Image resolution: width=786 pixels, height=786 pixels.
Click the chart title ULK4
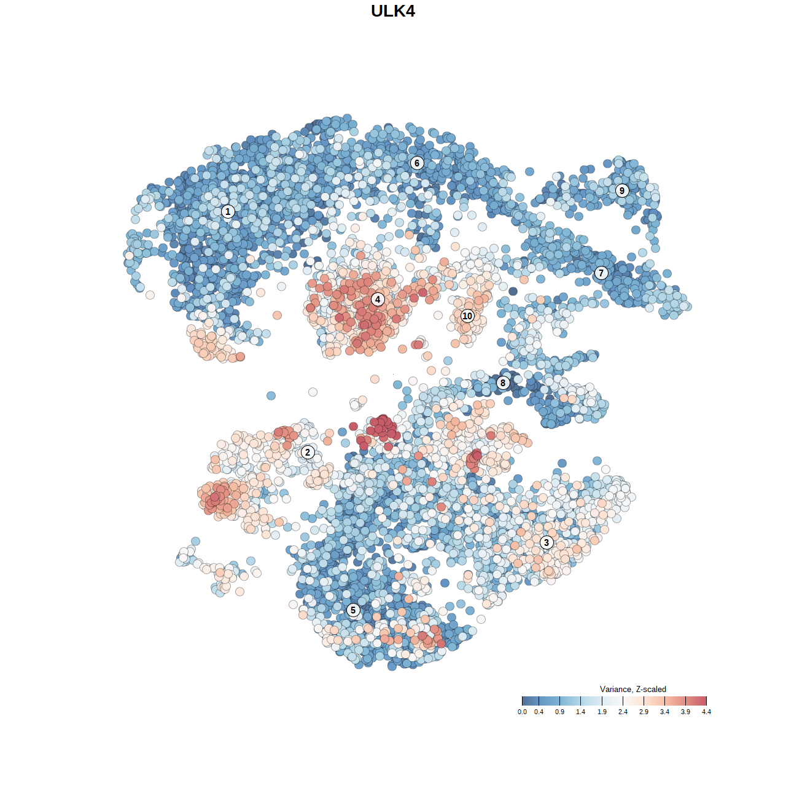click(x=393, y=11)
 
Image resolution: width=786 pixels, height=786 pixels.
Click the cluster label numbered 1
click(x=228, y=212)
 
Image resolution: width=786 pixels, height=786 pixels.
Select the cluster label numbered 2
click(x=308, y=453)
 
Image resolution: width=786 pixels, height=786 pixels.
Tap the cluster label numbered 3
click(x=547, y=542)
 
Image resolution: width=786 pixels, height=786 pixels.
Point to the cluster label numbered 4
click(x=378, y=300)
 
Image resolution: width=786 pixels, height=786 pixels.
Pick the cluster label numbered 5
click(x=353, y=610)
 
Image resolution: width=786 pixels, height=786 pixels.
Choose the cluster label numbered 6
click(x=417, y=163)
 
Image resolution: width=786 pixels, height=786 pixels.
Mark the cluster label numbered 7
click(x=601, y=273)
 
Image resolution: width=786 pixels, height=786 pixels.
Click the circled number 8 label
click(x=503, y=383)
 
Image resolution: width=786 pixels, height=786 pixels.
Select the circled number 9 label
click(x=622, y=190)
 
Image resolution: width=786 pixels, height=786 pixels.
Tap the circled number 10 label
click(x=467, y=316)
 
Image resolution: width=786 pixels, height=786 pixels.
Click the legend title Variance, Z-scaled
click(x=632, y=689)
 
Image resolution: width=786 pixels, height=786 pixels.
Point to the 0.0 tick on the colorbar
click(x=522, y=712)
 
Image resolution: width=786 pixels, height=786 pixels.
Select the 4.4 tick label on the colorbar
click(x=706, y=712)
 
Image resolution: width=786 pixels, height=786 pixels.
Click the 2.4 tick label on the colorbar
click(x=623, y=712)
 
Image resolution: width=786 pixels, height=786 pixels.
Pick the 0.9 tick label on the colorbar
click(x=560, y=712)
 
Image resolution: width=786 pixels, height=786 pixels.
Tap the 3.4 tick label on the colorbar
click(x=664, y=712)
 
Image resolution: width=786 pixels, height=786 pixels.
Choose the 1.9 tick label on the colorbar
click(x=602, y=712)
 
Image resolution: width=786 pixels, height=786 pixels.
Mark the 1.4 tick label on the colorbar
click(x=581, y=712)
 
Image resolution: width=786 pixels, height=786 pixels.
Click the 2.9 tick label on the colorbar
click(x=644, y=712)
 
